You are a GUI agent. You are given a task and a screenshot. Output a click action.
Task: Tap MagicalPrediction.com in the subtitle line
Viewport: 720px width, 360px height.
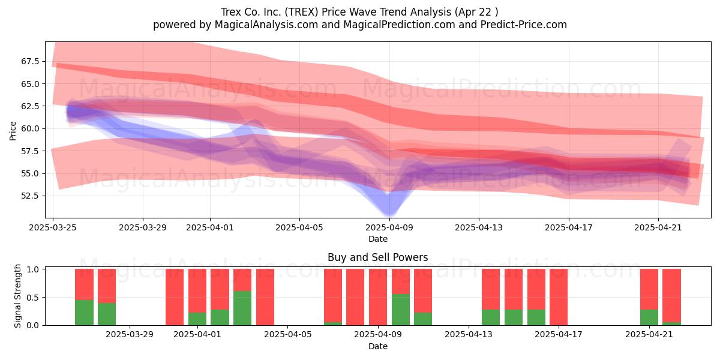pos(399,25)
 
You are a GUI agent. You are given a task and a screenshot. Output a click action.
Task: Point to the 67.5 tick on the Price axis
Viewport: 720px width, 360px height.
pos(30,61)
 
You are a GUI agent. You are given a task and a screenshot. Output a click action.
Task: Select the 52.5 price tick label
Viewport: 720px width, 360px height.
pos(30,196)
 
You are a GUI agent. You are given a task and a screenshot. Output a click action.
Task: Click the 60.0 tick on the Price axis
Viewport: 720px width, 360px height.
pos(30,128)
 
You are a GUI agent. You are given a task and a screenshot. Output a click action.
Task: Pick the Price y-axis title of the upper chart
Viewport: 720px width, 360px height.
pos(13,131)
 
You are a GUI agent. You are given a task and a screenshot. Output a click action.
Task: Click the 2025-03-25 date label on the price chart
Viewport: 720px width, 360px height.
pos(53,227)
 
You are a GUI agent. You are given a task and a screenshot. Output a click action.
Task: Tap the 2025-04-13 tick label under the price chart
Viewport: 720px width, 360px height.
pos(479,227)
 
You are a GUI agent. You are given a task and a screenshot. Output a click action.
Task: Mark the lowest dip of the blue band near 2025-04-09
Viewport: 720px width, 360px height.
pos(389,214)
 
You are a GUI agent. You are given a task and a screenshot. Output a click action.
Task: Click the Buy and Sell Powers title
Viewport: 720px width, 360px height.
pos(377,257)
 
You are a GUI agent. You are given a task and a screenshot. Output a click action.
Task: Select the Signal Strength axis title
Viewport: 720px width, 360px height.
pos(17,296)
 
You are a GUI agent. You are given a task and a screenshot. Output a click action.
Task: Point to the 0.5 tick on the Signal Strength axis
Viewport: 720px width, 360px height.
pos(33,298)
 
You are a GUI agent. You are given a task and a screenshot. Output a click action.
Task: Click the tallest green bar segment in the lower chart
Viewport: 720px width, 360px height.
pos(242,308)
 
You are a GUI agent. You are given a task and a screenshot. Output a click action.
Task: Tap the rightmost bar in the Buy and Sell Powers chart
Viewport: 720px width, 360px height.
pos(672,298)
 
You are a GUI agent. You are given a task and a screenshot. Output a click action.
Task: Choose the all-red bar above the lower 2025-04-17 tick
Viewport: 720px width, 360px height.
pos(559,298)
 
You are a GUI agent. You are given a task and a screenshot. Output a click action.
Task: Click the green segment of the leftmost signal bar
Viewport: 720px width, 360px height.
pos(84,313)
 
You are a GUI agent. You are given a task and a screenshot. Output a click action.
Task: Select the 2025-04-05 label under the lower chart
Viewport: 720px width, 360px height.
pos(287,335)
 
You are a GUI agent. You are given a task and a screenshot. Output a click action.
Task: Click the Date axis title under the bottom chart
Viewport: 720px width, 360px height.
pos(377,347)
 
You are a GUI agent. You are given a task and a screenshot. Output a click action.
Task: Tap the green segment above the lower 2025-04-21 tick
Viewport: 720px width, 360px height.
pos(649,317)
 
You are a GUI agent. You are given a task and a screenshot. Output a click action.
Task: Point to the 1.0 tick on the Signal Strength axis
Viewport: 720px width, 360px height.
pos(33,269)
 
